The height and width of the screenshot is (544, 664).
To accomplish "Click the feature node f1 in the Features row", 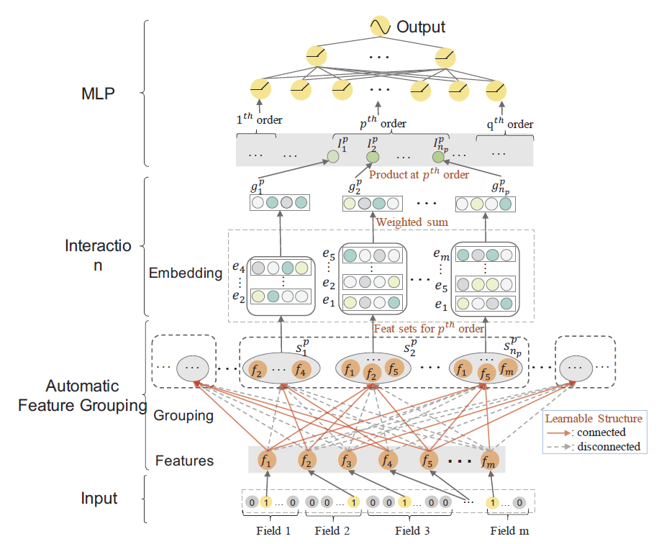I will [268, 459].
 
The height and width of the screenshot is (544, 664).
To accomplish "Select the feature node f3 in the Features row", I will [348, 459].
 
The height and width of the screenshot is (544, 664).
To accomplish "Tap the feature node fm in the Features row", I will [489, 459].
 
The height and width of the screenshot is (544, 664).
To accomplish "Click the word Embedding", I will [186, 273].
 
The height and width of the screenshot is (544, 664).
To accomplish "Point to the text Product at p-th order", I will [419, 174].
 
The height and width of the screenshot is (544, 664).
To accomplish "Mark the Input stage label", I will [99, 498].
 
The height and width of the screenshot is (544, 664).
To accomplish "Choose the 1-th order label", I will [259, 120].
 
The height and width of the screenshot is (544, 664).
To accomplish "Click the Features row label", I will [185, 460].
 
